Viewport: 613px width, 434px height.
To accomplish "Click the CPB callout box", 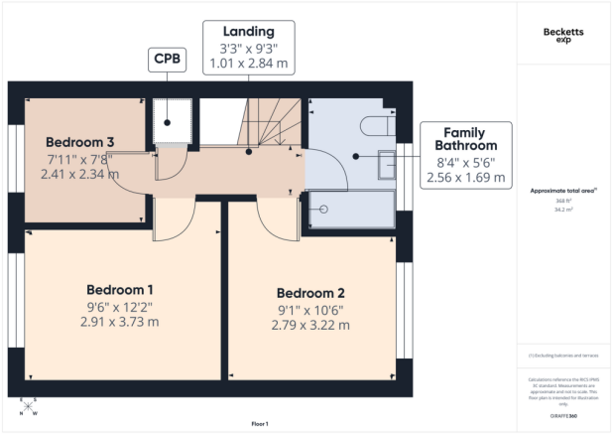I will click(x=164, y=61).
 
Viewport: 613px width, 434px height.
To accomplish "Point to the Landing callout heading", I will click(x=248, y=31).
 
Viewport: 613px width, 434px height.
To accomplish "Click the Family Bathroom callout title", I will click(x=464, y=139).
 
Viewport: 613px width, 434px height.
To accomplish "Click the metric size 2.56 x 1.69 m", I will click(x=464, y=179).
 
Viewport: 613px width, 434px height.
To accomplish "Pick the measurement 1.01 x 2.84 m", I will click(x=248, y=64).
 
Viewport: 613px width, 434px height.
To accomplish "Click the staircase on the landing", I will click(x=270, y=121).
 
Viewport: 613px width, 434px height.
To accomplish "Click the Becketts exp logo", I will click(x=563, y=37).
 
